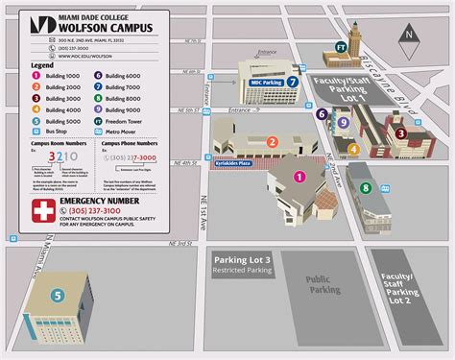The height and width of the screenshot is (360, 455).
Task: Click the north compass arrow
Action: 410,35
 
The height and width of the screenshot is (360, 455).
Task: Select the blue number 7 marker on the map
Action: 292,83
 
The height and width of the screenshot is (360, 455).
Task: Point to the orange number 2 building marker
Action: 273,142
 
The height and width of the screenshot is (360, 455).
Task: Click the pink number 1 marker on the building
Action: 300,176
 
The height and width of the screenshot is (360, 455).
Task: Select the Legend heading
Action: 41,64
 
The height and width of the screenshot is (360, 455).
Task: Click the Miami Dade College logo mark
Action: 40,23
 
